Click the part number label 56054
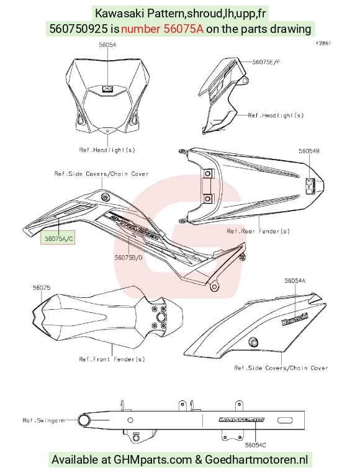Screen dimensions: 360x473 tap(107, 45)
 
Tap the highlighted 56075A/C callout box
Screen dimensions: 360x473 tap(58, 238)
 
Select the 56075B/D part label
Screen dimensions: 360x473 tap(128, 258)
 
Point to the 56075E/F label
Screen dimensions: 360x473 tap(266, 62)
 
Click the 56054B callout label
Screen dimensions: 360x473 tap(309, 151)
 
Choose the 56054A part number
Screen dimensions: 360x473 tap(295, 281)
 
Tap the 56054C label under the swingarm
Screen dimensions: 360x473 tap(256, 445)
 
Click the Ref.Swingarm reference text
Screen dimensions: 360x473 tap(43, 420)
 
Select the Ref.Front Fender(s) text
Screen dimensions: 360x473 tap(112, 359)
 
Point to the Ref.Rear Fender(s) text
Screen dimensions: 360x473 tap(258, 232)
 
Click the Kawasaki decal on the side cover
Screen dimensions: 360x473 tap(295, 320)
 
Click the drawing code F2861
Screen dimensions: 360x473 tap(323, 43)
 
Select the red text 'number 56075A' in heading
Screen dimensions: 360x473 tap(163, 29)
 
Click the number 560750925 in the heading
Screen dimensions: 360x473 tap(78, 29)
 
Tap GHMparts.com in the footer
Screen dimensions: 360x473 tap(153, 460)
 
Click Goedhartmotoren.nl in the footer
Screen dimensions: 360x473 tap(256, 460)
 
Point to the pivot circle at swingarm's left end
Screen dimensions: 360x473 tap(84, 420)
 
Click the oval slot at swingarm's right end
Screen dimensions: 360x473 tap(285, 420)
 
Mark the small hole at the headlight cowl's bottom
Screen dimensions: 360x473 tap(108, 131)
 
